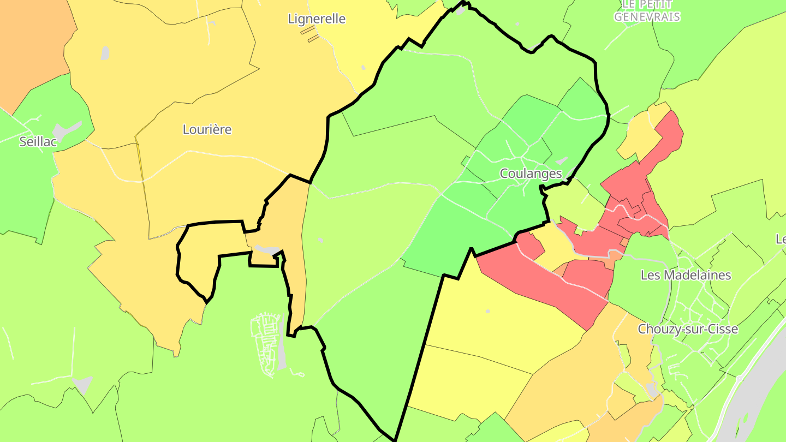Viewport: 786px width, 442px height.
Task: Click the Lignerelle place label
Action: (x=317, y=19)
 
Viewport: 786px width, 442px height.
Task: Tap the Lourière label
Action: (x=207, y=129)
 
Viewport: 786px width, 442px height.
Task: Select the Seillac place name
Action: (x=38, y=141)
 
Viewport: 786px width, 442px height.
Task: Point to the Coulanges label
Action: (x=531, y=174)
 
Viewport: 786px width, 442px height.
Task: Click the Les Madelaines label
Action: (x=686, y=274)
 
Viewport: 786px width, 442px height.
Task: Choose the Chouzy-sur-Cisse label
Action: (x=688, y=329)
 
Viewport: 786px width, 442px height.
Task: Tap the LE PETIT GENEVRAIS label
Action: (x=647, y=11)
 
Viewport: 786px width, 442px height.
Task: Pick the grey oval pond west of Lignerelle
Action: (x=105, y=53)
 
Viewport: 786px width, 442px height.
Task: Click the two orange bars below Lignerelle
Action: (x=309, y=33)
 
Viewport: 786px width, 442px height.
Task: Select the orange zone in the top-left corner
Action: (x=30, y=44)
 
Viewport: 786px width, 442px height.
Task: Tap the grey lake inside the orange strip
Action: (x=267, y=249)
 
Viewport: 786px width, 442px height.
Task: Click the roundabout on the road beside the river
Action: (x=739, y=378)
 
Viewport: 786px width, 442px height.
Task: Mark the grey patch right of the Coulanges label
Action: (x=561, y=161)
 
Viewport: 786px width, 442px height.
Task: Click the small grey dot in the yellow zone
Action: (x=487, y=312)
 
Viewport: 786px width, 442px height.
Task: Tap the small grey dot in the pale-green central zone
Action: (x=320, y=240)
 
